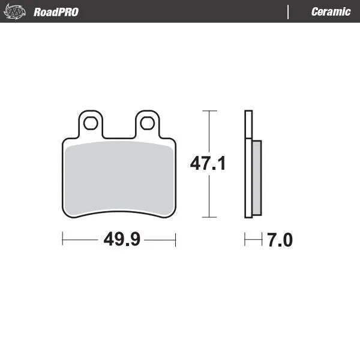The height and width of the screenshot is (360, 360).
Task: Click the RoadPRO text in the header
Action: pyautogui.click(x=56, y=11)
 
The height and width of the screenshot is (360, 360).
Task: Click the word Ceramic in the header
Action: pyautogui.click(x=331, y=11)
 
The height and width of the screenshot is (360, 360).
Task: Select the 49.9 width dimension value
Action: pyautogui.click(x=122, y=240)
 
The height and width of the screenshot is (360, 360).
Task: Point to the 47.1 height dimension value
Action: pyautogui.click(x=208, y=163)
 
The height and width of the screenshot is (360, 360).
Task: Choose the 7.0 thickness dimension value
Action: pyautogui.click(x=280, y=240)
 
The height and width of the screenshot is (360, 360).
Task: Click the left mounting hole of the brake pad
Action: pyautogui.click(x=91, y=124)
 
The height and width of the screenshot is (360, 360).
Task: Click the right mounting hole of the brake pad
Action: pyautogui.click(x=146, y=124)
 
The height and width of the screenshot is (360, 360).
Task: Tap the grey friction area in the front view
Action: pyautogui.click(x=119, y=178)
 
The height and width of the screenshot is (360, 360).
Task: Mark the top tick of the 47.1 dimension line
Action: pyautogui.click(x=209, y=111)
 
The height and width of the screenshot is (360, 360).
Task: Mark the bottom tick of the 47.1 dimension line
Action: pyautogui.click(x=209, y=217)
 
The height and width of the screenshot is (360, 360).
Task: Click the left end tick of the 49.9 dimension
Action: pyautogui.click(x=63, y=240)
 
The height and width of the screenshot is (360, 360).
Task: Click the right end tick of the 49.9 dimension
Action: pyautogui.click(x=176, y=240)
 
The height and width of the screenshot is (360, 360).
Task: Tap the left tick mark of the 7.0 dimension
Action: pyautogui.click(x=245, y=240)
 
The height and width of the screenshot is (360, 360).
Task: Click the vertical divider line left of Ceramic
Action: pyautogui.click(x=288, y=11)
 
